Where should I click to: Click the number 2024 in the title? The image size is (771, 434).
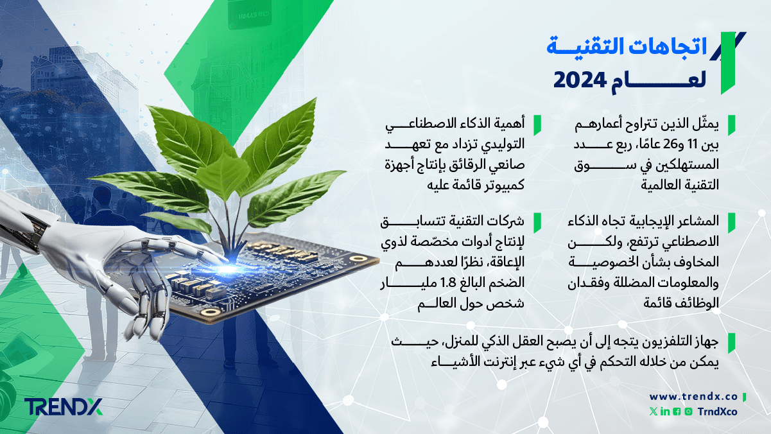(580, 80)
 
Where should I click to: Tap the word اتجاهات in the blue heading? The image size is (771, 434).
(669, 46)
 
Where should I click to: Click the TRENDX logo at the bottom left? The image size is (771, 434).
(64, 407)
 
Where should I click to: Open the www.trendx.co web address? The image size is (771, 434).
(693, 397)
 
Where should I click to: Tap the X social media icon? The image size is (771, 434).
(653, 412)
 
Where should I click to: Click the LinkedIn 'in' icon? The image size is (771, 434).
(665, 412)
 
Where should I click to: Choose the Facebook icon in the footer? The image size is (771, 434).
(677, 412)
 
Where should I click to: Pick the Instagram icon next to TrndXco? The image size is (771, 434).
(688, 412)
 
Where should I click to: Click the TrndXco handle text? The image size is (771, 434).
(717, 412)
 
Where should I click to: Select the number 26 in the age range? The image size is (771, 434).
(670, 144)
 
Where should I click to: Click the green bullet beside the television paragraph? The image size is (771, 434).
(732, 343)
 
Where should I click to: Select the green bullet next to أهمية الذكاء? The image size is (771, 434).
(537, 125)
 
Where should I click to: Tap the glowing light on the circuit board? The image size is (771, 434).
(226, 269)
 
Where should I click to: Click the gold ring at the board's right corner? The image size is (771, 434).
(358, 259)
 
